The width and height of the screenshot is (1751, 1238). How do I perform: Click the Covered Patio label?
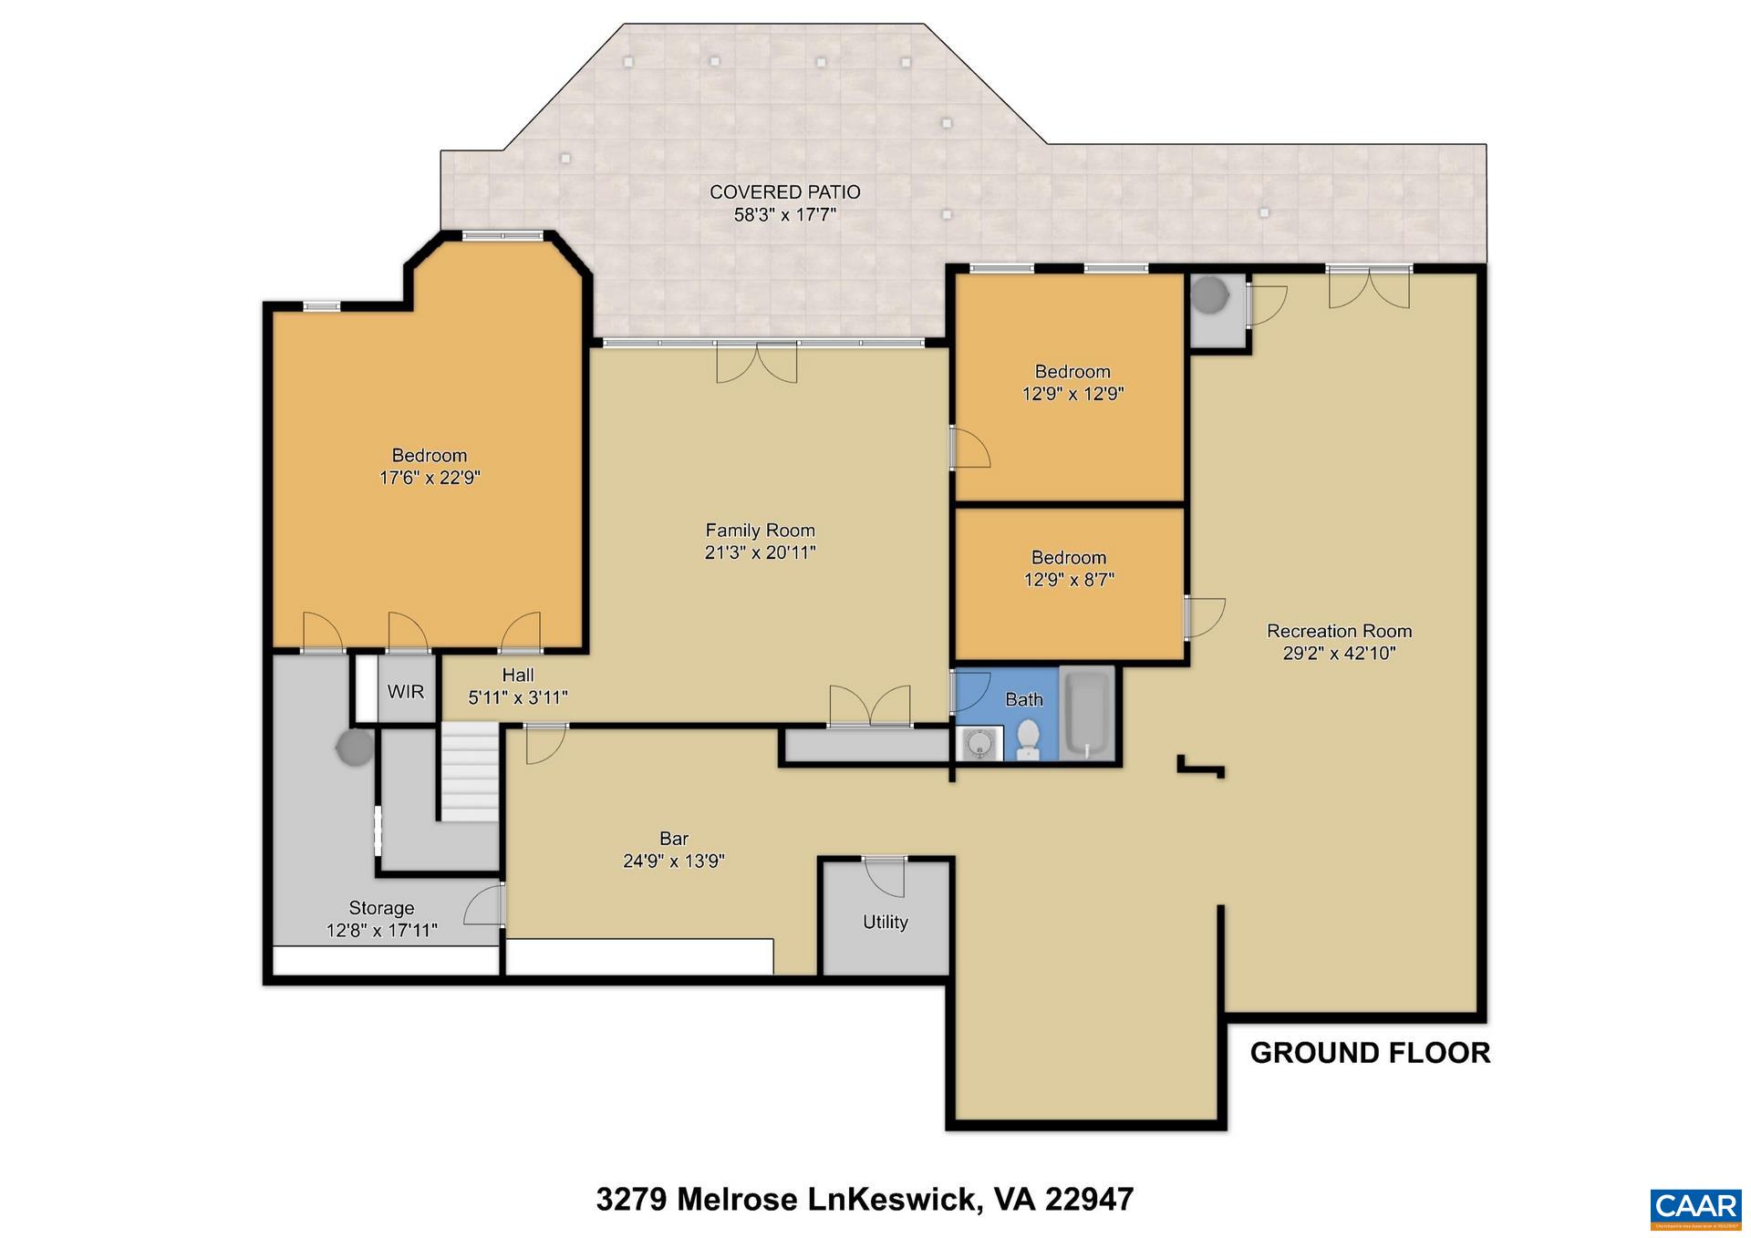tap(784, 192)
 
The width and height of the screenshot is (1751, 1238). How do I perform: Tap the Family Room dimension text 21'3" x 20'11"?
tap(760, 552)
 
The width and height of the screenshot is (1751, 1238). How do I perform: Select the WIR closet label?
tap(405, 692)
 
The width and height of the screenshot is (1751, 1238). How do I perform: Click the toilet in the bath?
tap(1028, 740)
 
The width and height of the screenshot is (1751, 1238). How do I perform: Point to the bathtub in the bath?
tap(1087, 714)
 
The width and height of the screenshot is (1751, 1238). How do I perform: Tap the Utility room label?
tap(885, 922)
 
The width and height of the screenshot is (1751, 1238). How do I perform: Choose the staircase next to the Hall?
tap(470, 771)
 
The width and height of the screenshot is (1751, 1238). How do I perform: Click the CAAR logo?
tap(1695, 1206)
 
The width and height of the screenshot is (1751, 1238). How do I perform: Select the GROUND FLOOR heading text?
tap(1369, 1053)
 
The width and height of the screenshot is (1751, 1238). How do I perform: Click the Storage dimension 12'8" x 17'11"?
tap(381, 931)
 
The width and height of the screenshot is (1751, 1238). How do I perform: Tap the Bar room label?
tap(674, 838)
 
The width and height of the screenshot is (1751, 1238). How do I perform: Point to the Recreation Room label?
tap(1339, 631)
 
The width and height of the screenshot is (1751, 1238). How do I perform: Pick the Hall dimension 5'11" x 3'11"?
tap(517, 697)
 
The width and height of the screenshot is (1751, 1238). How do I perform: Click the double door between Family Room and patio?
tap(756, 362)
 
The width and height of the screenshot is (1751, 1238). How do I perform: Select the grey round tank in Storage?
tap(355, 748)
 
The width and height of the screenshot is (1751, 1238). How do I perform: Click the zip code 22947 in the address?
tap(1089, 1200)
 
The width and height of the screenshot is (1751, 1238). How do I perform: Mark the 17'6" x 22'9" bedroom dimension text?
tap(429, 478)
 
